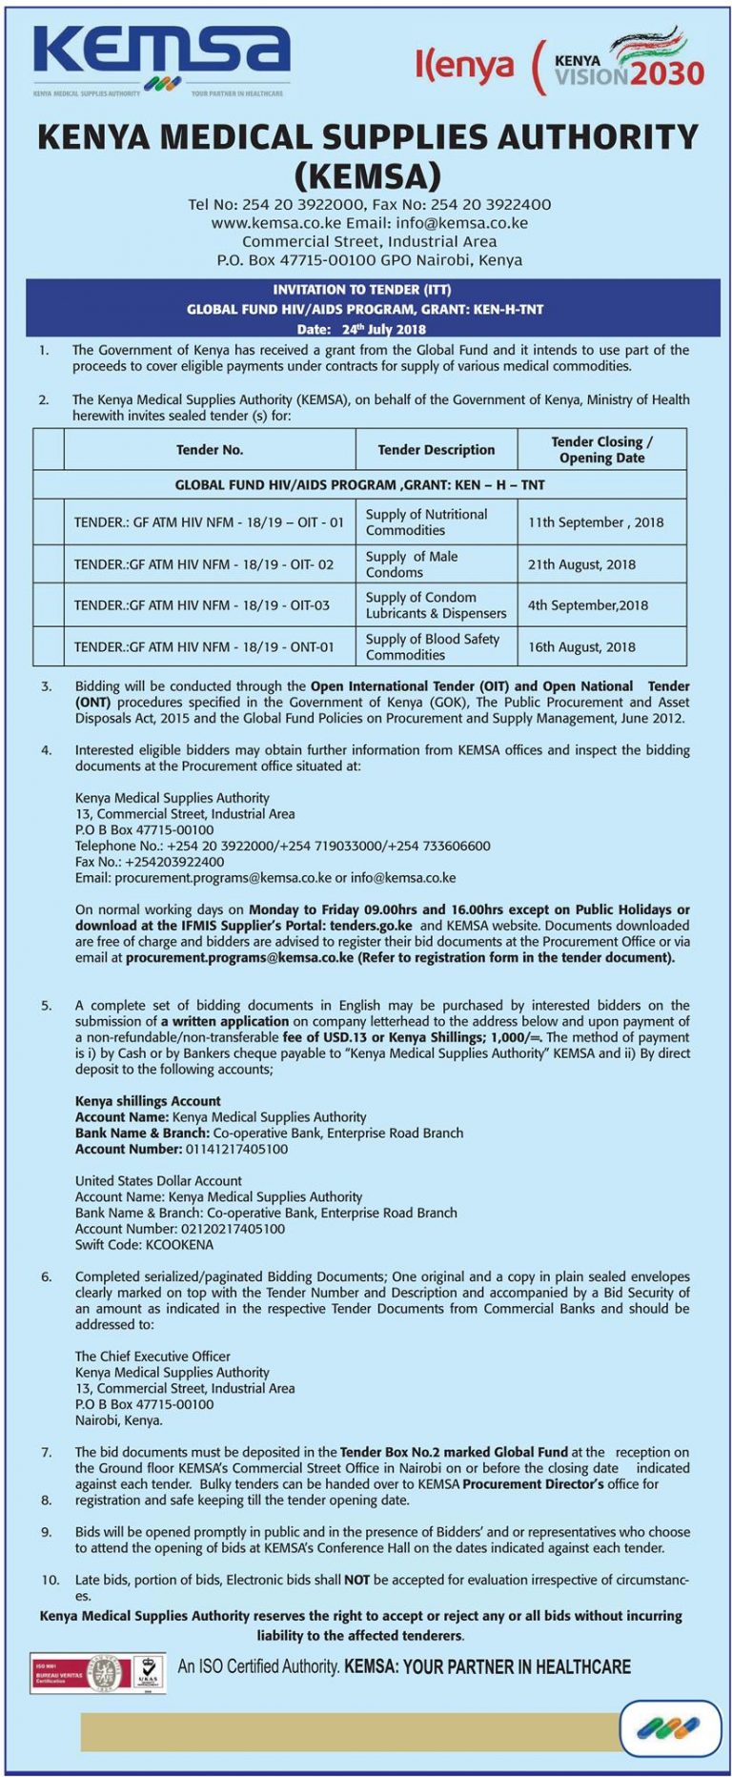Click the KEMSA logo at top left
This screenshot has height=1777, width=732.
(x=160, y=57)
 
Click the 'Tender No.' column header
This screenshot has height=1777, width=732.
(x=210, y=450)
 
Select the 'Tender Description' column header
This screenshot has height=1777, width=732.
(x=436, y=450)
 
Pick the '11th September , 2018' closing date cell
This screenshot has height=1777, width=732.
(x=596, y=522)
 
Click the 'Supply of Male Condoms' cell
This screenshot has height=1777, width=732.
(x=412, y=564)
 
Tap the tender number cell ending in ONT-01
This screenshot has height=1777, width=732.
(x=204, y=647)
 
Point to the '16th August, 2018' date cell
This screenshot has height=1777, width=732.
(x=581, y=647)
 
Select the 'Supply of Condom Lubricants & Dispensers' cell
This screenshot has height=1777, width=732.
(x=436, y=605)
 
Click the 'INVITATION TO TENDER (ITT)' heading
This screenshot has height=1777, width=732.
(x=362, y=290)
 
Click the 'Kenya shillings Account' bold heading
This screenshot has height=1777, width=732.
(x=148, y=1101)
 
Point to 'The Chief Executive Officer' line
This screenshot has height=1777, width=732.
(x=152, y=1357)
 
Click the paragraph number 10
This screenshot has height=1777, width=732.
(x=50, y=1580)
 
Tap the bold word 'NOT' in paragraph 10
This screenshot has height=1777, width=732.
(x=356, y=1580)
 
